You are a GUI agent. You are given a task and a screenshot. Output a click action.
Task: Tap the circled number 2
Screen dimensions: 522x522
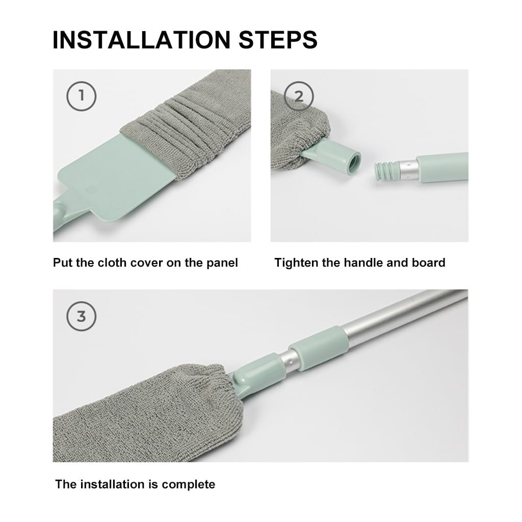[299, 95]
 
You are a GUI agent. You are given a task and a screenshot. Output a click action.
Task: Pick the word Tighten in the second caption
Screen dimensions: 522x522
[296, 263]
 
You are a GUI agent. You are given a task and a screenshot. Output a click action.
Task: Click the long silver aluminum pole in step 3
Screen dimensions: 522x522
[398, 316]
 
